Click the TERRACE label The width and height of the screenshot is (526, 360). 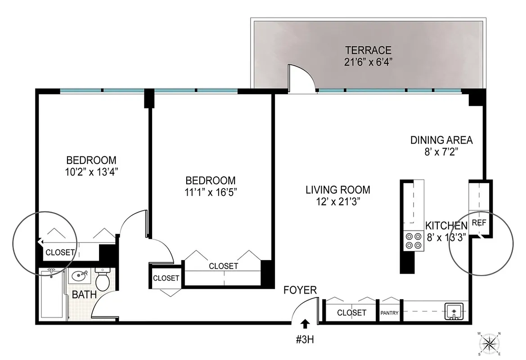click(x=368, y=50)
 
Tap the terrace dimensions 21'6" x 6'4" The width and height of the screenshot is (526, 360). click(x=368, y=62)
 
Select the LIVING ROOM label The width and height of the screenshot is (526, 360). click(x=338, y=190)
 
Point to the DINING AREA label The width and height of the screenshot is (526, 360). click(x=441, y=140)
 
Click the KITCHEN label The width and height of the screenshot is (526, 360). click(x=446, y=225)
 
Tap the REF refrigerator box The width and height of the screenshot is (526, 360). click(x=479, y=222)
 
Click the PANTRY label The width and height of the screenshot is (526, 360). click(x=390, y=313)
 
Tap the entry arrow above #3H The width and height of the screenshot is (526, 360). click(x=306, y=323)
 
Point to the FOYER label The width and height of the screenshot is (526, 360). click(x=300, y=290)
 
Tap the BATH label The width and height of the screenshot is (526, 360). click(x=84, y=295)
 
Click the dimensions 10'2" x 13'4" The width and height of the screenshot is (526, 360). click(x=91, y=171)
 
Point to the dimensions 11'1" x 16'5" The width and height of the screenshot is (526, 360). click(x=210, y=192)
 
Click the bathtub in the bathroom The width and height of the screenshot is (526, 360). click(x=52, y=295)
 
